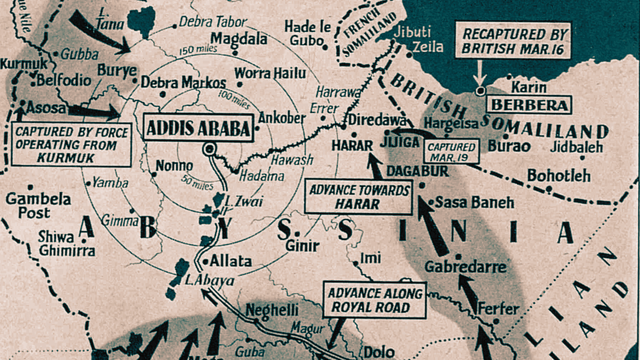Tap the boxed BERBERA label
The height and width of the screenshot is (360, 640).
[x=529, y=105]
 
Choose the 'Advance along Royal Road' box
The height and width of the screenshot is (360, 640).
[x=374, y=299]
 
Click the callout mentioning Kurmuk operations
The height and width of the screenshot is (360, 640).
[x=71, y=145]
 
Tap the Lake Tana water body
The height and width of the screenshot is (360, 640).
[x=141, y=21]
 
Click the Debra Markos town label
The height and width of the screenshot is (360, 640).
[x=183, y=82]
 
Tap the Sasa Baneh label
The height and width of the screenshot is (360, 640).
[x=474, y=202]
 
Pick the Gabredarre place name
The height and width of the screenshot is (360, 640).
[x=465, y=267]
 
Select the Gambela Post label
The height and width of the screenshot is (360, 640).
[x=38, y=205]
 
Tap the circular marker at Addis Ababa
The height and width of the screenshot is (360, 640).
[x=208, y=148]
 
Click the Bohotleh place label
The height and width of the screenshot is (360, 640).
[x=558, y=176]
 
